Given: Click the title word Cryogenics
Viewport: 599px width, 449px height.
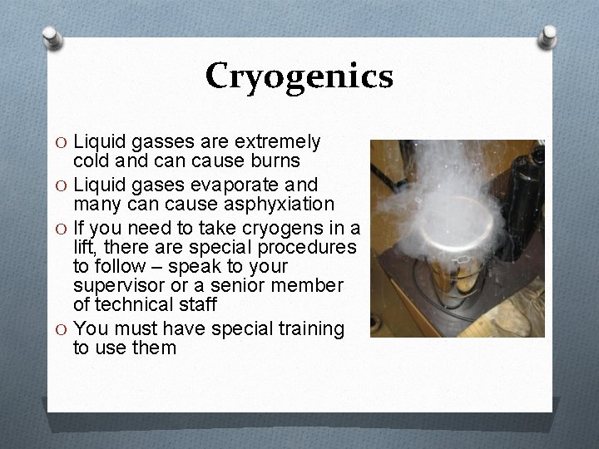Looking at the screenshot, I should coord(299,76).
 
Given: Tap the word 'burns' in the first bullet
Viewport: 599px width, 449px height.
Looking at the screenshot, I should coord(275,160).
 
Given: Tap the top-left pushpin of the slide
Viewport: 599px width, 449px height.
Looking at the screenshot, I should coord(52,37).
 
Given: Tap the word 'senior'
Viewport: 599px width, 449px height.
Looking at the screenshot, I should coord(246,286).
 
